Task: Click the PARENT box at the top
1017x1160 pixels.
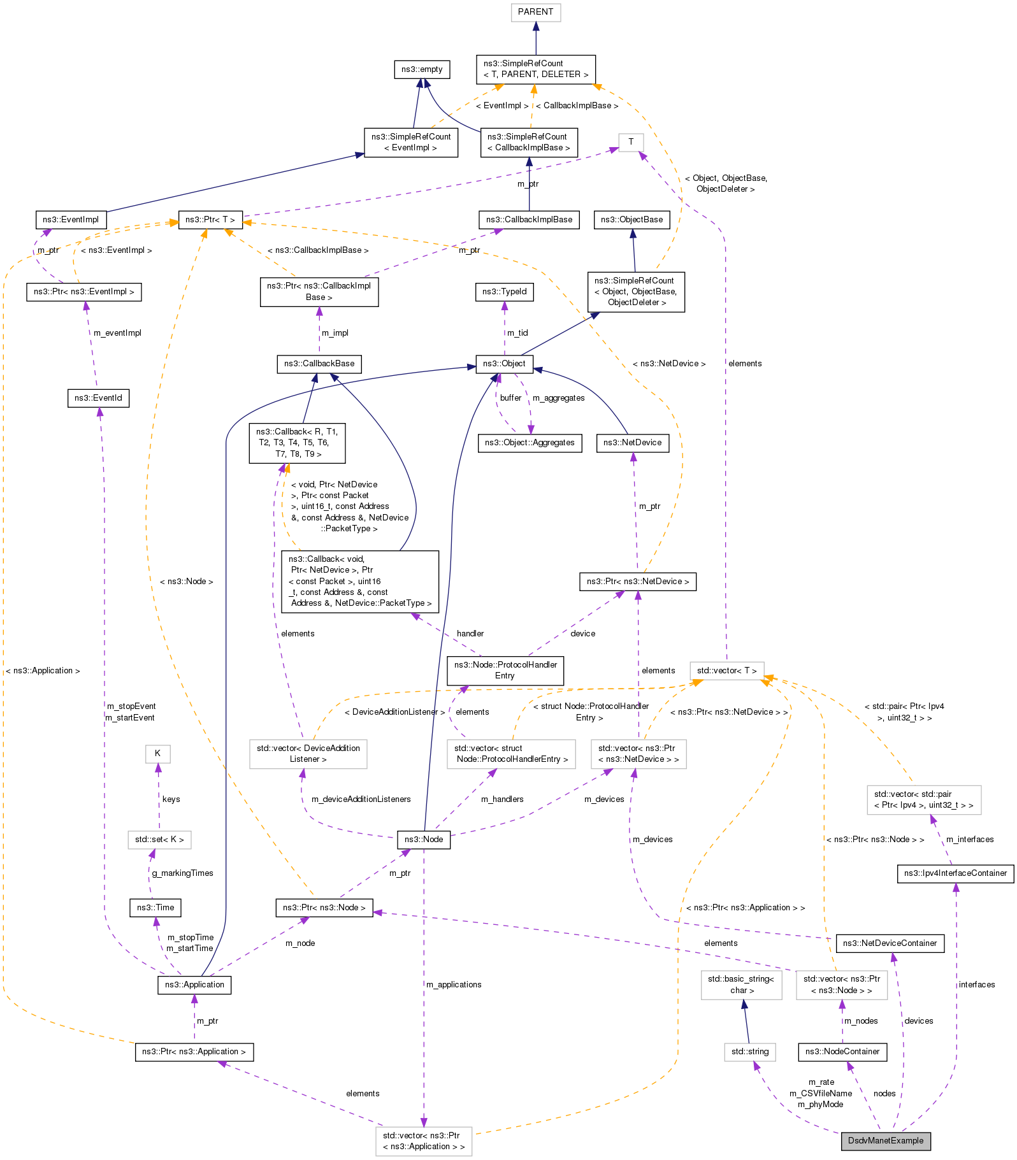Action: point(535,12)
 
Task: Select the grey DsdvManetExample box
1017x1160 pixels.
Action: point(885,1140)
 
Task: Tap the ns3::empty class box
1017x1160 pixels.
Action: point(421,69)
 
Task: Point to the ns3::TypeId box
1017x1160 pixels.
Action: point(504,292)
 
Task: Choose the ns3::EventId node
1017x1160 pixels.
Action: point(98,398)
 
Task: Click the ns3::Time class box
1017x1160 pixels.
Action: point(155,907)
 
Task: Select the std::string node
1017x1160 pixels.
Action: point(750,1051)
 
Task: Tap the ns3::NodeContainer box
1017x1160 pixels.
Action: point(842,1051)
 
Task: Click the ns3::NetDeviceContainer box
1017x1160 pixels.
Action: point(890,943)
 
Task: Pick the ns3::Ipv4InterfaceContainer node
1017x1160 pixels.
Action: point(955,873)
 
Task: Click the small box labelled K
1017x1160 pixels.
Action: point(157,754)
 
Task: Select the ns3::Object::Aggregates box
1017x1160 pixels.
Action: point(530,443)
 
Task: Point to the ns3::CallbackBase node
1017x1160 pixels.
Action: point(319,364)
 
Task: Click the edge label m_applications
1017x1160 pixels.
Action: point(454,984)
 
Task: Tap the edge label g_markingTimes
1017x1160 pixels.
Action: point(182,873)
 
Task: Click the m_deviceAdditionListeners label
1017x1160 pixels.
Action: point(361,799)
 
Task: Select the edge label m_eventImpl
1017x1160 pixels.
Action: point(117,333)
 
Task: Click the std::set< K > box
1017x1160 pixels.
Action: point(159,840)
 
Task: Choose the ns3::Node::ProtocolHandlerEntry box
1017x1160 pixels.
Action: point(505,670)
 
